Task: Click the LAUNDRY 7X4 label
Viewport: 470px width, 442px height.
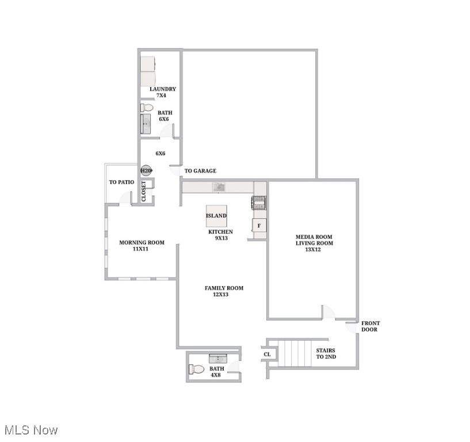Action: (x=162, y=92)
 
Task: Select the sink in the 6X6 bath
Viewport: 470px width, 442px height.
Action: (x=146, y=124)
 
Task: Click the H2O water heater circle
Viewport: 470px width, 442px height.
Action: (x=146, y=171)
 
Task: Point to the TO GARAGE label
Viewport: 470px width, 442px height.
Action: (x=200, y=171)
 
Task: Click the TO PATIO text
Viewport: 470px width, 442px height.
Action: (x=121, y=182)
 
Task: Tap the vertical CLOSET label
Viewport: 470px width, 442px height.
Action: (x=144, y=192)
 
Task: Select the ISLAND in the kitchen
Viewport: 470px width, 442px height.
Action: (x=216, y=216)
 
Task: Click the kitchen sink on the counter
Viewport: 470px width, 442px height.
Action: (x=218, y=186)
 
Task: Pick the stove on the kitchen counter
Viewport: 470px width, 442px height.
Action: (x=259, y=203)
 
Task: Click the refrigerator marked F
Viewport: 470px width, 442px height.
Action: (x=259, y=226)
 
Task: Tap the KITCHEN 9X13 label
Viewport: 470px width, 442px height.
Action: (x=220, y=235)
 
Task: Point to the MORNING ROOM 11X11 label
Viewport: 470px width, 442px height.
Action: (x=142, y=246)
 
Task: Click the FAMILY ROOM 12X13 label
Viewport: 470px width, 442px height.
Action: (x=224, y=291)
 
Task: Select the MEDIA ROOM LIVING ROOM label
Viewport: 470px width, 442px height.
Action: (x=314, y=243)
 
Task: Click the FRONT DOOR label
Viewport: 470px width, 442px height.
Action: (x=370, y=326)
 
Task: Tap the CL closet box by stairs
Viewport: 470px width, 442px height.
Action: (x=268, y=355)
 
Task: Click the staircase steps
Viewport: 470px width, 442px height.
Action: (x=294, y=353)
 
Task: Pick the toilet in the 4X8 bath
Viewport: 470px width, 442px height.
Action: (x=197, y=369)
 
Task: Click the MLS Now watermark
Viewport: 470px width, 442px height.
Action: (x=31, y=430)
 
